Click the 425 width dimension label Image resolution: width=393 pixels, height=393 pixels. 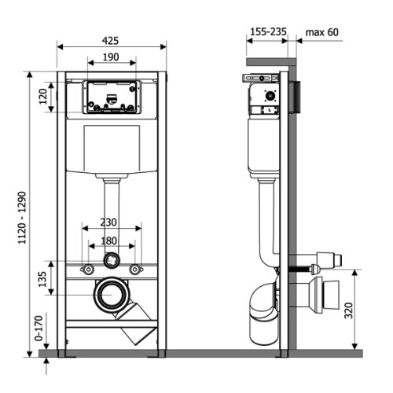point(110,41)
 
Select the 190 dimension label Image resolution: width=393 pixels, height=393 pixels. point(111,57)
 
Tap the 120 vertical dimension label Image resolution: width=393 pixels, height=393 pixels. point(42,97)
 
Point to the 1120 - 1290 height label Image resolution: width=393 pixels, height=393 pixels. point(22,218)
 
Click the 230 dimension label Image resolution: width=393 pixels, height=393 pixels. point(108,222)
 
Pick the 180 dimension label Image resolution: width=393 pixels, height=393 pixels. point(108,241)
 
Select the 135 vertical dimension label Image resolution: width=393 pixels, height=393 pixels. point(42,279)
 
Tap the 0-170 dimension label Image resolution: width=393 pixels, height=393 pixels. point(39,328)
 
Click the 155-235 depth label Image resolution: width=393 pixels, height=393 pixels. point(268,31)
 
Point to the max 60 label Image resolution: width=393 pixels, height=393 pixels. point(322,32)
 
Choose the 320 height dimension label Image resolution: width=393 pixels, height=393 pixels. point(348,310)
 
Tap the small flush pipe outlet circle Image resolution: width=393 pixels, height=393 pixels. point(112,260)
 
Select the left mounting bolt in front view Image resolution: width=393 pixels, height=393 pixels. point(88,270)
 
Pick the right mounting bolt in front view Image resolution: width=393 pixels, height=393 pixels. point(135,270)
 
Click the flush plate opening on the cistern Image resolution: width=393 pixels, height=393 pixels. point(112,97)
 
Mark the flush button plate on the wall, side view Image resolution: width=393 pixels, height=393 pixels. point(294,97)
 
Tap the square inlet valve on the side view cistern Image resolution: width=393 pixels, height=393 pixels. point(270,96)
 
